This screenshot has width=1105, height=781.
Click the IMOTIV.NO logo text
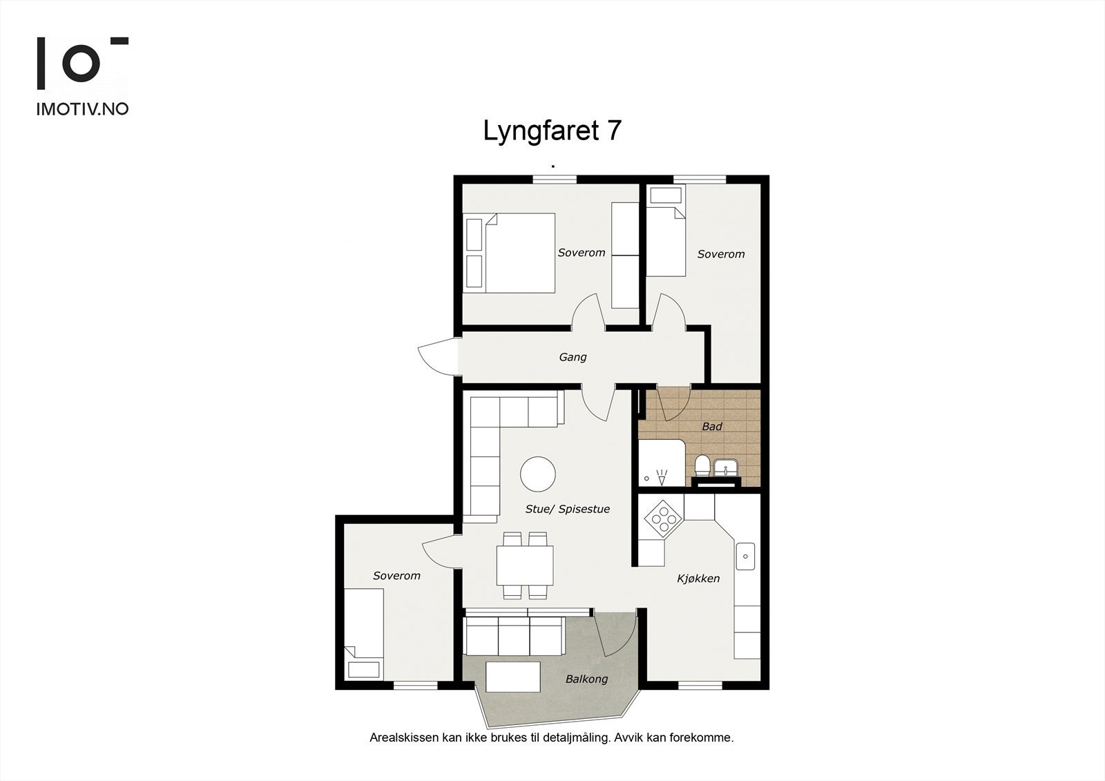[82, 109]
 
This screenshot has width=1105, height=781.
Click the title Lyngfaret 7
[552, 131]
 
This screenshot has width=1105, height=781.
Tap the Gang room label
[573, 357]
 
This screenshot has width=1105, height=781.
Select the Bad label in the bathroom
[711, 427]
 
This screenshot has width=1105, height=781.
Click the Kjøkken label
[698, 579]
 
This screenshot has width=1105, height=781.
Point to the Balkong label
[586, 679]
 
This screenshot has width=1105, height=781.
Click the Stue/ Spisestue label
[567, 510]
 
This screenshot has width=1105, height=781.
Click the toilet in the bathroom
[701, 466]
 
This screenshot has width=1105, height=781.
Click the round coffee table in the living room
[537, 474]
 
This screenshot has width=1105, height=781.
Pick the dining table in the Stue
[524, 565]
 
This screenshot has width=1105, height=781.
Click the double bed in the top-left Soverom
[519, 253]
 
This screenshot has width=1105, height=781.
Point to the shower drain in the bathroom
[647, 478]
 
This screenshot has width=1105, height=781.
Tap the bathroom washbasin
[726, 468]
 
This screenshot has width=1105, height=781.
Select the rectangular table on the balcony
[513, 677]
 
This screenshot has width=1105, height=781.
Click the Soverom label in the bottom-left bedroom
[396, 576]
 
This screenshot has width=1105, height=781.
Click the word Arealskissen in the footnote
[404, 737]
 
